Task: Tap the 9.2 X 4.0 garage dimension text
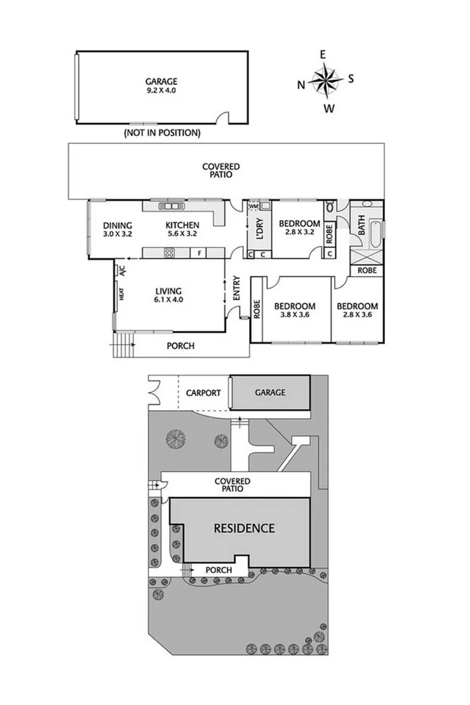coord(161,91)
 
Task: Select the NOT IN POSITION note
coord(162,133)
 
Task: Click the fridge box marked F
coord(199,253)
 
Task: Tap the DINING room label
coord(117,225)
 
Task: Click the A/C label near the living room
coord(122,271)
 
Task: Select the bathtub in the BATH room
coord(375,230)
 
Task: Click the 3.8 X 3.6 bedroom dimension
coord(295,314)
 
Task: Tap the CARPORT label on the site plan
coord(203,393)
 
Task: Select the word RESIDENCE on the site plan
coord(244,528)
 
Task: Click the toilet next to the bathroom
coord(330,207)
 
